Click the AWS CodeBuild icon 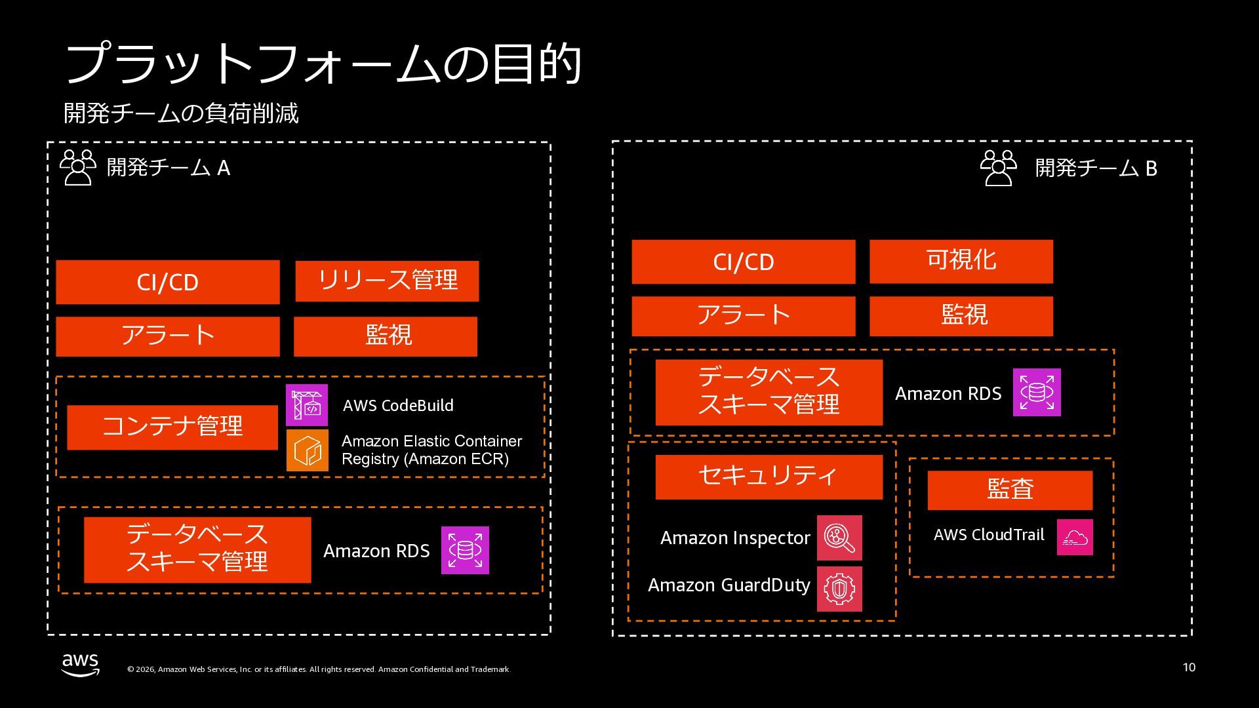tap(306, 405)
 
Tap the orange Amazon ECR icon tap(307, 450)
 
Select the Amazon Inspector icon tap(839, 538)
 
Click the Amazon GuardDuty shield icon tap(839, 589)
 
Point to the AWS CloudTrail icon tap(1075, 537)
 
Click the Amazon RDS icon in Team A tap(465, 550)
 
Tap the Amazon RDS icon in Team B tap(1037, 393)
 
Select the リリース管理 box tap(387, 281)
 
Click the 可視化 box tap(961, 262)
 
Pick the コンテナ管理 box tap(172, 427)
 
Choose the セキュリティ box tap(769, 477)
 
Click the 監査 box tap(1010, 490)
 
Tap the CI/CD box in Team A tap(168, 282)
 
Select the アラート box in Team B tap(744, 316)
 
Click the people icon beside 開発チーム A tap(78, 168)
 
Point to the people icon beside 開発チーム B tap(999, 168)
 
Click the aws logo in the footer tap(81, 664)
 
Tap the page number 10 tap(1189, 667)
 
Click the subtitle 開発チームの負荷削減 tap(181, 113)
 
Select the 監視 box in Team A tap(386, 336)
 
